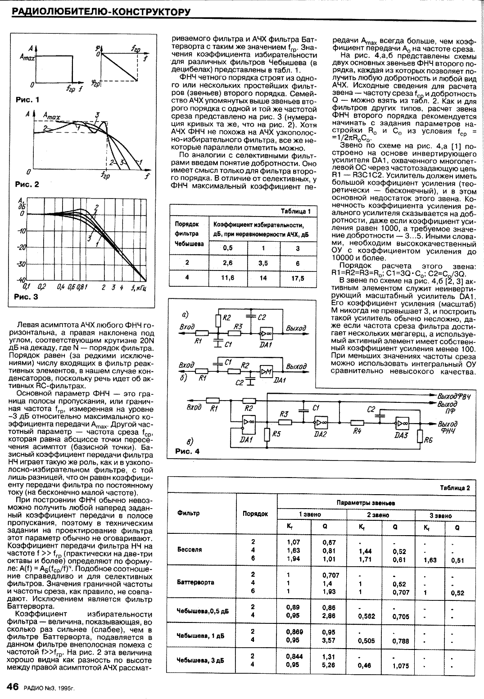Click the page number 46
point(12,687)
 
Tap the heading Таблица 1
point(295,212)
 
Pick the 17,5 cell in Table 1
point(298,278)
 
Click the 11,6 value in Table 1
point(228,278)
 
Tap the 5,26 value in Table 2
point(328,664)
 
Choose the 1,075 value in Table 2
point(400,666)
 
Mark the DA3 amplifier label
point(401,435)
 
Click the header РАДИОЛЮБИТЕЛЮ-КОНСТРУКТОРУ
point(97,11)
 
